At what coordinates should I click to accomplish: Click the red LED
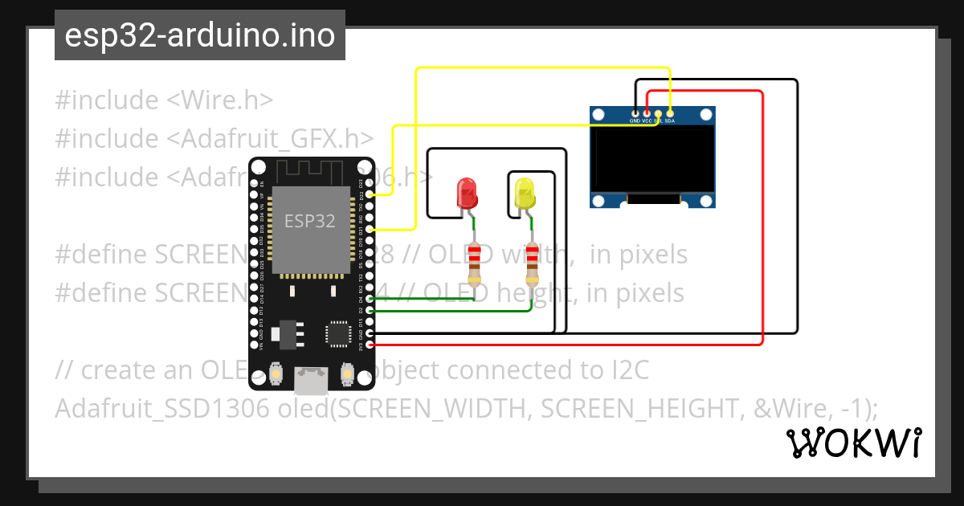tap(467, 194)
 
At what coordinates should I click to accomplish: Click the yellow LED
tap(525, 194)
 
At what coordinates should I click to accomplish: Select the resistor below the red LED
tap(475, 264)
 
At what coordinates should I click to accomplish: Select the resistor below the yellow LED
tap(533, 264)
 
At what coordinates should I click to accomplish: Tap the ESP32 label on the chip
tap(310, 219)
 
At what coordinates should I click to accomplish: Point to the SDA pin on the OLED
tap(669, 114)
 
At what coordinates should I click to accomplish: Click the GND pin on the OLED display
tap(635, 114)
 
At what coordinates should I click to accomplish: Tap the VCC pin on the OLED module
tap(646, 114)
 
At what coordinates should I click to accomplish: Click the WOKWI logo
tap(853, 443)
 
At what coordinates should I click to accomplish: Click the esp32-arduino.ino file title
tap(199, 36)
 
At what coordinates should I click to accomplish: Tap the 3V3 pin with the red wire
tap(369, 344)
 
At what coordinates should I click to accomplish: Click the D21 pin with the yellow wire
tap(369, 230)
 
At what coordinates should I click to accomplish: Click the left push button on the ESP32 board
tap(276, 374)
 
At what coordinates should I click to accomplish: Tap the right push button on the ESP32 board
tap(347, 374)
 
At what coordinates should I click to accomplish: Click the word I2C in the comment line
tap(627, 370)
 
